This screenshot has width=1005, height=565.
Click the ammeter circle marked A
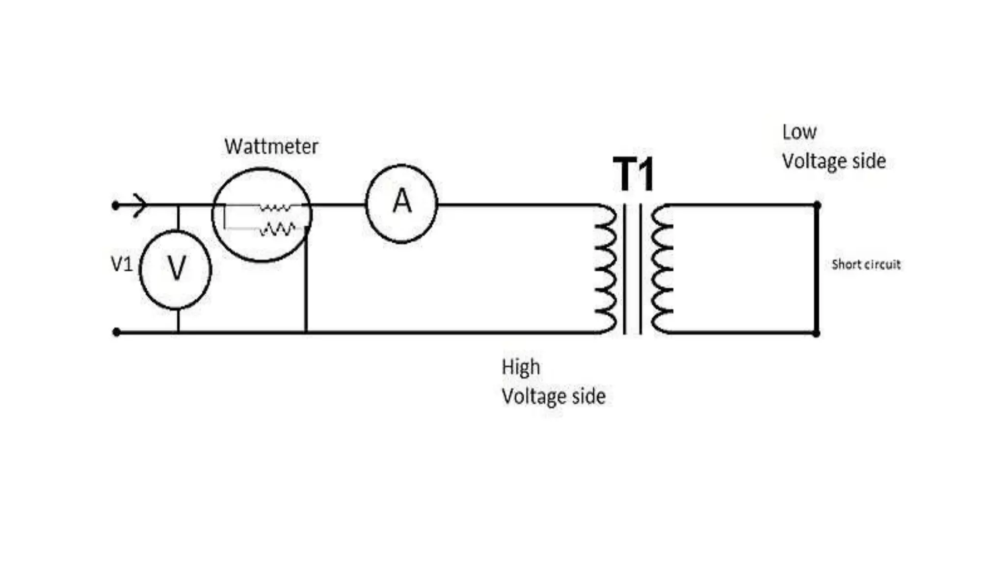(x=401, y=204)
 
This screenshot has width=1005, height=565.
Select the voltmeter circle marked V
(x=176, y=269)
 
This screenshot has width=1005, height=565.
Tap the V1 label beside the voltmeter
(x=122, y=265)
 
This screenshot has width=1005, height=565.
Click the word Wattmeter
(x=271, y=147)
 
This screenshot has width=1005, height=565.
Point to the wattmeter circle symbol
(x=262, y=245)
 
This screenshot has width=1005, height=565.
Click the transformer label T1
(x=634, y=175)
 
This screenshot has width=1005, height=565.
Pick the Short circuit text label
(x=866, y=265)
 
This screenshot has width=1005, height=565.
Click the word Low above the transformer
(x=799, y=132)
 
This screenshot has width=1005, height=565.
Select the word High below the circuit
(x=520, y=367)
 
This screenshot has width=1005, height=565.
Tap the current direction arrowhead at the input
(x=139, y=205)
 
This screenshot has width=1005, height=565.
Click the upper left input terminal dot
(x=116, y=205)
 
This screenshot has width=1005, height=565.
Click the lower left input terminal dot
(x=116, y=333)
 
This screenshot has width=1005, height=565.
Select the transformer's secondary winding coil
(x=661, y=269)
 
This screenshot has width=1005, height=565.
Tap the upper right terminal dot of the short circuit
(x=817, y=205)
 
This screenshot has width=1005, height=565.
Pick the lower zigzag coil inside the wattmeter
(x=277, y=229)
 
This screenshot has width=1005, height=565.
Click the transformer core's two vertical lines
(x=633, y=269)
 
